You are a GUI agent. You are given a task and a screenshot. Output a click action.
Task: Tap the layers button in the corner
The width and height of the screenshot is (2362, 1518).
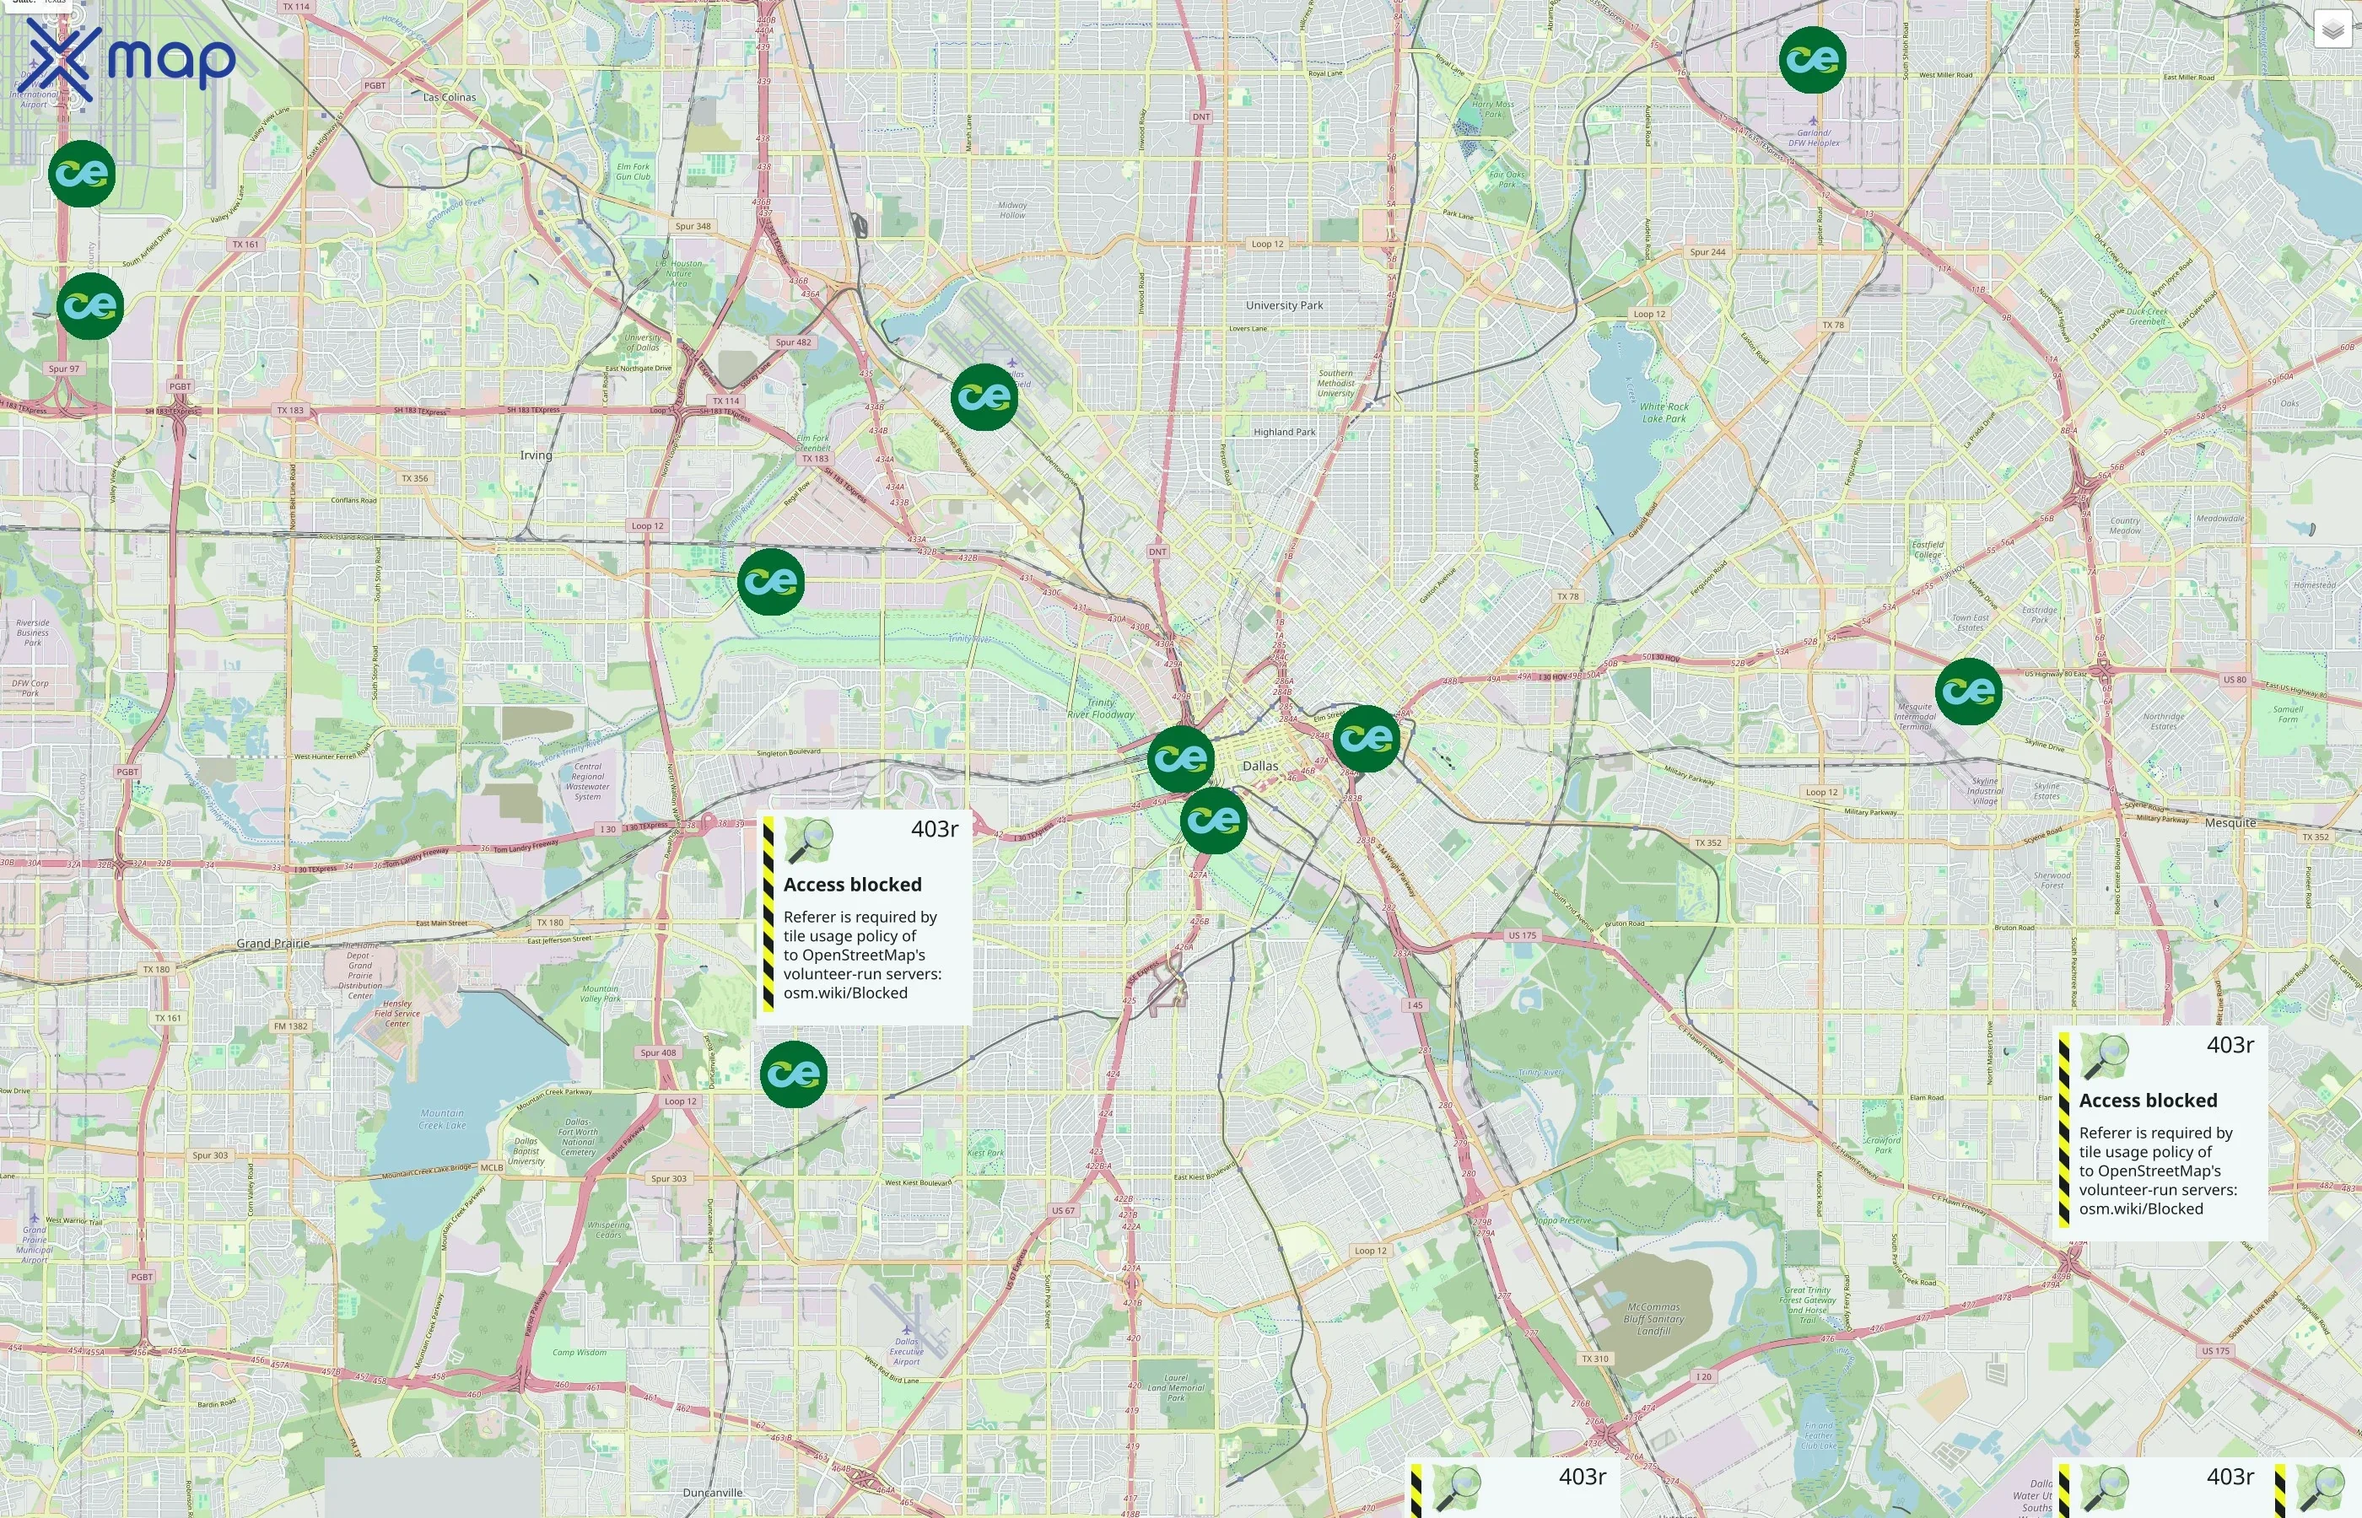point(2332,30)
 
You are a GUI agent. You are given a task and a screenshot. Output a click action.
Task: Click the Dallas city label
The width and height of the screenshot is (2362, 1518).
point(1259,766)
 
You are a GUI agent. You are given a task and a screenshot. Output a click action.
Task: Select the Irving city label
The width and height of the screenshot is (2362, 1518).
point(537,455)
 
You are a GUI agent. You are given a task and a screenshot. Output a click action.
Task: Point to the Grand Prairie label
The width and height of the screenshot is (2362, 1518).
point(273,944)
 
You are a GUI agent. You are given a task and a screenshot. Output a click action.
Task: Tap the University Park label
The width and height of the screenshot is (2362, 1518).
point(1284,305)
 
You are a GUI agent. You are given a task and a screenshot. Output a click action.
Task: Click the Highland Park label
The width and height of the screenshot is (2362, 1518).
point(1284,432)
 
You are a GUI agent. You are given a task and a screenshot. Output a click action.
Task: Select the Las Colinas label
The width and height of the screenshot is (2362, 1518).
point(450,98)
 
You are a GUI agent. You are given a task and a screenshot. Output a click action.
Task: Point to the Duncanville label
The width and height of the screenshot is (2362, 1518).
point(713,1493)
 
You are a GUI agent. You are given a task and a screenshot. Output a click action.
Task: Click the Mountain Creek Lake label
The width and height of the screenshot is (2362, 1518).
point(442,1119)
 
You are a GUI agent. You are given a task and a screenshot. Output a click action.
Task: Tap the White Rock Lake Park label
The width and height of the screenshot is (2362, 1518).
point(1665,412)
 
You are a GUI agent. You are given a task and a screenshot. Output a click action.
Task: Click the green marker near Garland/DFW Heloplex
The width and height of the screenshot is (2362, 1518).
point(1812,60)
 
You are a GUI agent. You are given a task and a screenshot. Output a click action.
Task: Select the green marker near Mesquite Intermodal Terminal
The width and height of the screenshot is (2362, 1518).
point(1968,691)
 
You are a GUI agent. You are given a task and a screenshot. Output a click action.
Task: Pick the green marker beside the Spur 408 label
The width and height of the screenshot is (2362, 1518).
point(794,1074)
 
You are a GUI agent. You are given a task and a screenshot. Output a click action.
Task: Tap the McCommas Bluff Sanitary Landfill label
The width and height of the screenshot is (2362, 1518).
point(1653,1319)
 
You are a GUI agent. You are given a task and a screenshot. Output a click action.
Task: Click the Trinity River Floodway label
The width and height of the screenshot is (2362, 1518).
point(1100,708)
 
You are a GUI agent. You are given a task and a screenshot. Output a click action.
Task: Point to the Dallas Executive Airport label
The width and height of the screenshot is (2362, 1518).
point(906,1351)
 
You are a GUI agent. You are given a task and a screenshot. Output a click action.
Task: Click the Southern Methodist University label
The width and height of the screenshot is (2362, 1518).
point(1335,384)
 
